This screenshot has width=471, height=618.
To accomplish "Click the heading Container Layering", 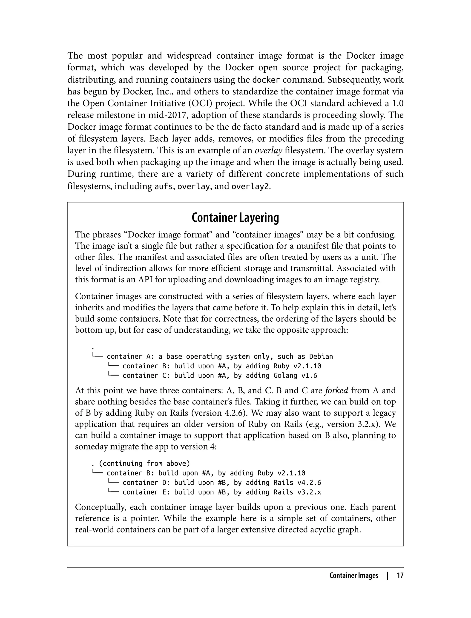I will point(235,218).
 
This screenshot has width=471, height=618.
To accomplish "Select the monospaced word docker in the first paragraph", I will point(266,80).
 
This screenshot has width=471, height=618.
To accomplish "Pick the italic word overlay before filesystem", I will point(268,151).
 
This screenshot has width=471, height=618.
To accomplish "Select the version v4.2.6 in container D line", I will point(309,482).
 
